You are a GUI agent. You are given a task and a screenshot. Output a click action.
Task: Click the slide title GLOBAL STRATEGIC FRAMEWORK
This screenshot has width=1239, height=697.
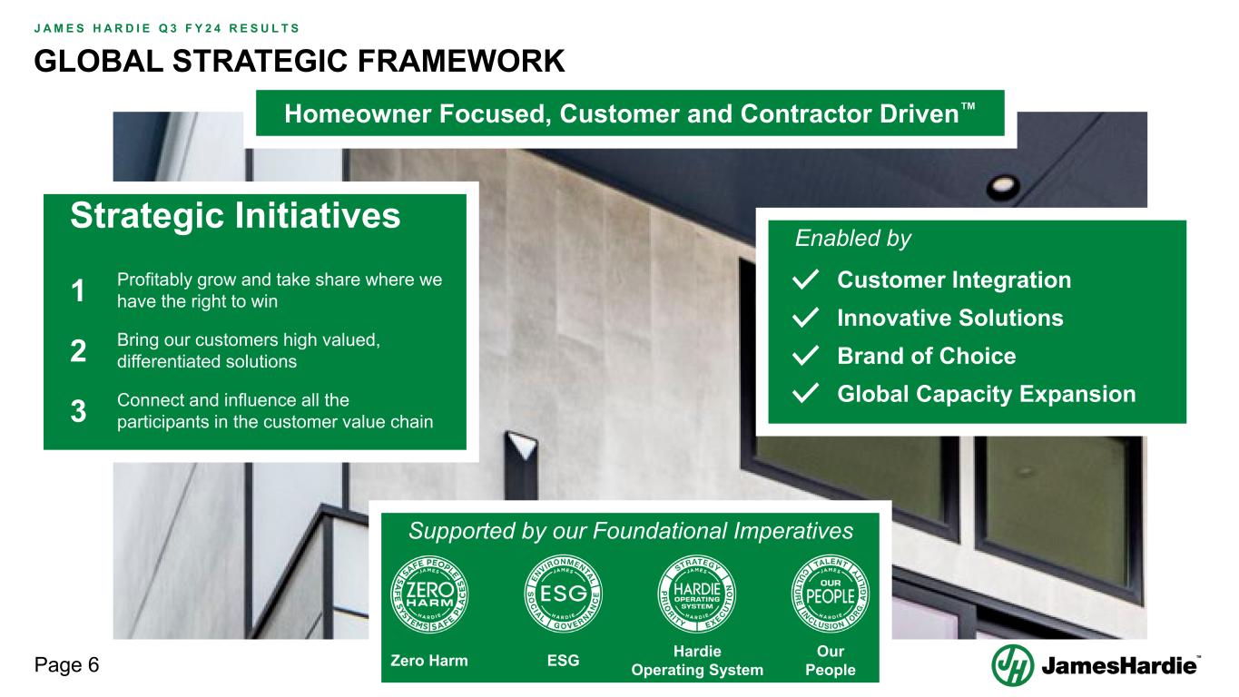pyautogui.click(x=300, y=60)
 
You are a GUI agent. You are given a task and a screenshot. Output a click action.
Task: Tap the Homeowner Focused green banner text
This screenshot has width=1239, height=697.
pyautogui.click(x=630, y=113)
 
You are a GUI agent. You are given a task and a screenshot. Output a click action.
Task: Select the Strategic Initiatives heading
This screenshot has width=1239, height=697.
pyautogui.click(x=235, y=216)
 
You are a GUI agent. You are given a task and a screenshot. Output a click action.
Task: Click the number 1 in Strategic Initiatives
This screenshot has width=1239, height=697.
pyautogui.click(x=78, y=292)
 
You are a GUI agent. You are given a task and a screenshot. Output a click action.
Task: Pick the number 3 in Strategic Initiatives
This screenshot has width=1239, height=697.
pyautogui.click(x=78, y=411)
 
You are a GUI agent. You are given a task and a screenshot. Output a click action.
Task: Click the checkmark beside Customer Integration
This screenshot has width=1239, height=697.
pyautogui.click(x=807, y=280)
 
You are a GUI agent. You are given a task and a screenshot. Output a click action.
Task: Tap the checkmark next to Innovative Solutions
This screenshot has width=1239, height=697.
pyautogui.click(x=807, y=319)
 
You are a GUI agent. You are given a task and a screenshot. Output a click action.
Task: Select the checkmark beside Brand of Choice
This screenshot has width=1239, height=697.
pyautogui.click(x=807, y=357)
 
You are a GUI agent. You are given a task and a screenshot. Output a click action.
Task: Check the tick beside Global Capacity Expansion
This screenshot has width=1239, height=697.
pyautogui.click(x=807, y=395)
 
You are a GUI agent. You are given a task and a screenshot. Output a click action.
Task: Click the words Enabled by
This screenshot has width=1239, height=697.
pyautogui.click(x=852, y=239)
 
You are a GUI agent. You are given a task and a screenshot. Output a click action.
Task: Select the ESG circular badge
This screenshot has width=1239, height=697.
pyautogui.click(x=564, y=594)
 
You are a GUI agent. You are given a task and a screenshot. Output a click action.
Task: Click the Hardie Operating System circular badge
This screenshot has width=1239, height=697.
pyautogui.click(x=697, y=594)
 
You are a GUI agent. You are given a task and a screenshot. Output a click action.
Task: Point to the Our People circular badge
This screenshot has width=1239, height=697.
pyautogui.click(x=831, y=594)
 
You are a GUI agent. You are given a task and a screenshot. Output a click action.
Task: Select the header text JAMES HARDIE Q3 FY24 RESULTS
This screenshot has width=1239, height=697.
pyautogui.click(x=167, y=27)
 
